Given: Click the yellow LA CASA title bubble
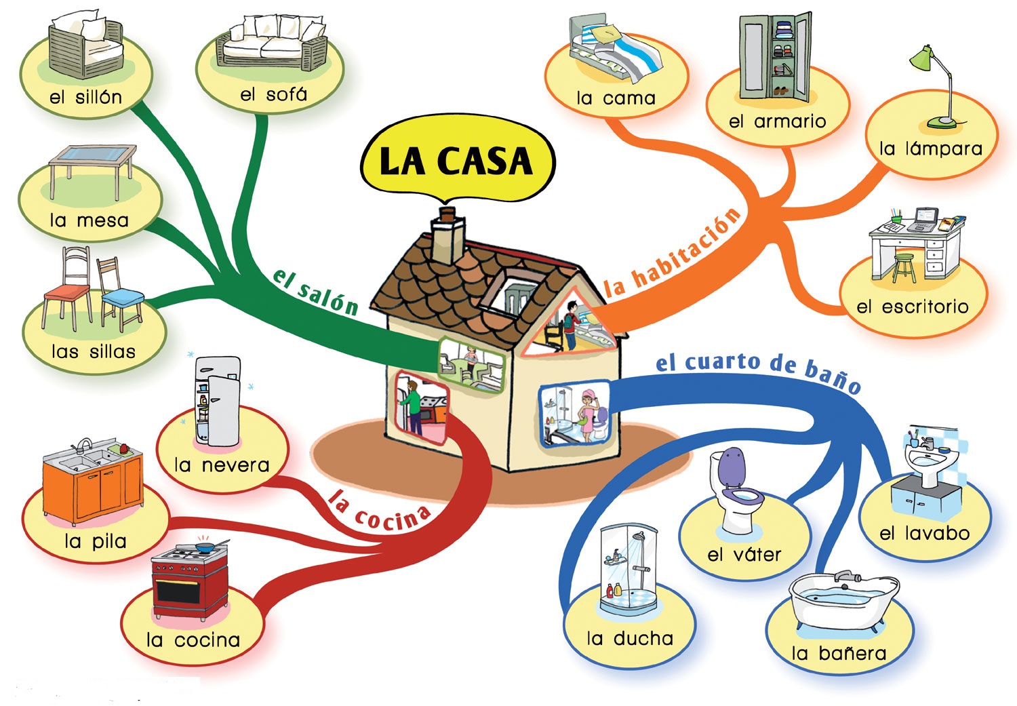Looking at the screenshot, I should click(458, 161).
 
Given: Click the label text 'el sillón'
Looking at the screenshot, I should click(85, 97).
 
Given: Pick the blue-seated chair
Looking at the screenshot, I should click(120, 295).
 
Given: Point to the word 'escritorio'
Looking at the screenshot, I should click(925, 307).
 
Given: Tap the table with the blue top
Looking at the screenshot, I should click(92, 166).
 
